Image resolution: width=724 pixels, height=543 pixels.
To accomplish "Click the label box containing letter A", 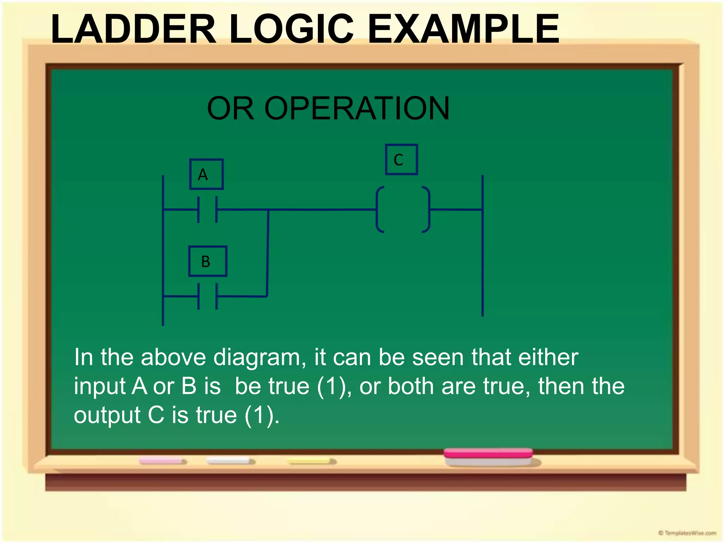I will [206, 174].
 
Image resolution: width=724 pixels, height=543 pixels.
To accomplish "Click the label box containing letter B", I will [208, 261].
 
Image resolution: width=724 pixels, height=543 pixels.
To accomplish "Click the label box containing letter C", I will [401, 159].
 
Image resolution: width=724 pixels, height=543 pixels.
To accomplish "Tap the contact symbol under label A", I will [208, 210].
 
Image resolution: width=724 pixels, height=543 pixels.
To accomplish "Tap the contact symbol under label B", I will [208, 296].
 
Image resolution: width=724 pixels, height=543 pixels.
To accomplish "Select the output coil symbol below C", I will [403, 210].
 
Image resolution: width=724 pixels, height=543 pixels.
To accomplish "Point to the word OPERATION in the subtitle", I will [357, 109].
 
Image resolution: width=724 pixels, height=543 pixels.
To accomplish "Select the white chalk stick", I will [230, 461].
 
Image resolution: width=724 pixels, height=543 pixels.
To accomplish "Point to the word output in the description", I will [107, 415].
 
